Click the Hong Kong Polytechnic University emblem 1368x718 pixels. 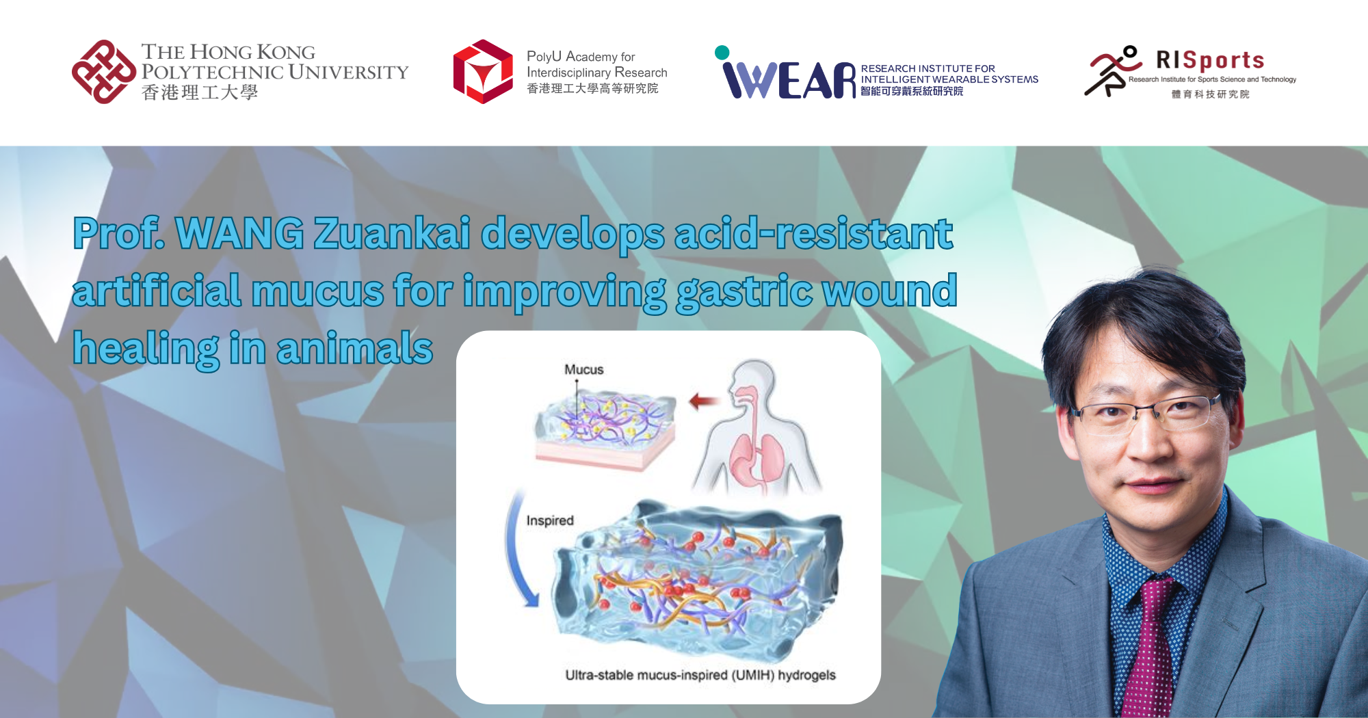coord(104,72)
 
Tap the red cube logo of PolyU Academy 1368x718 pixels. coord(483,72)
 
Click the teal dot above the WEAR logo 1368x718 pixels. coord(722,53)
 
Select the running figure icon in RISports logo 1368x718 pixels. coord(1111,71)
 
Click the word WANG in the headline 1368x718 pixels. coord(239,233)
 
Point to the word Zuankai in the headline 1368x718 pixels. coord(392,233)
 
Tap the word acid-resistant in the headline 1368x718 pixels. coord(813,233)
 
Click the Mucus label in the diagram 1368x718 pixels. coord(583,370)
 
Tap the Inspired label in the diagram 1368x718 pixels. coord(549,520)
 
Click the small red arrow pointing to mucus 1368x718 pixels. coord(704,401)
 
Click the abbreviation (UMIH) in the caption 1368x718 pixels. coord(752,675)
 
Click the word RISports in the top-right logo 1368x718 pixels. coord(1209,60)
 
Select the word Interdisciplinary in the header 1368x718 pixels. coord(568,72)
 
